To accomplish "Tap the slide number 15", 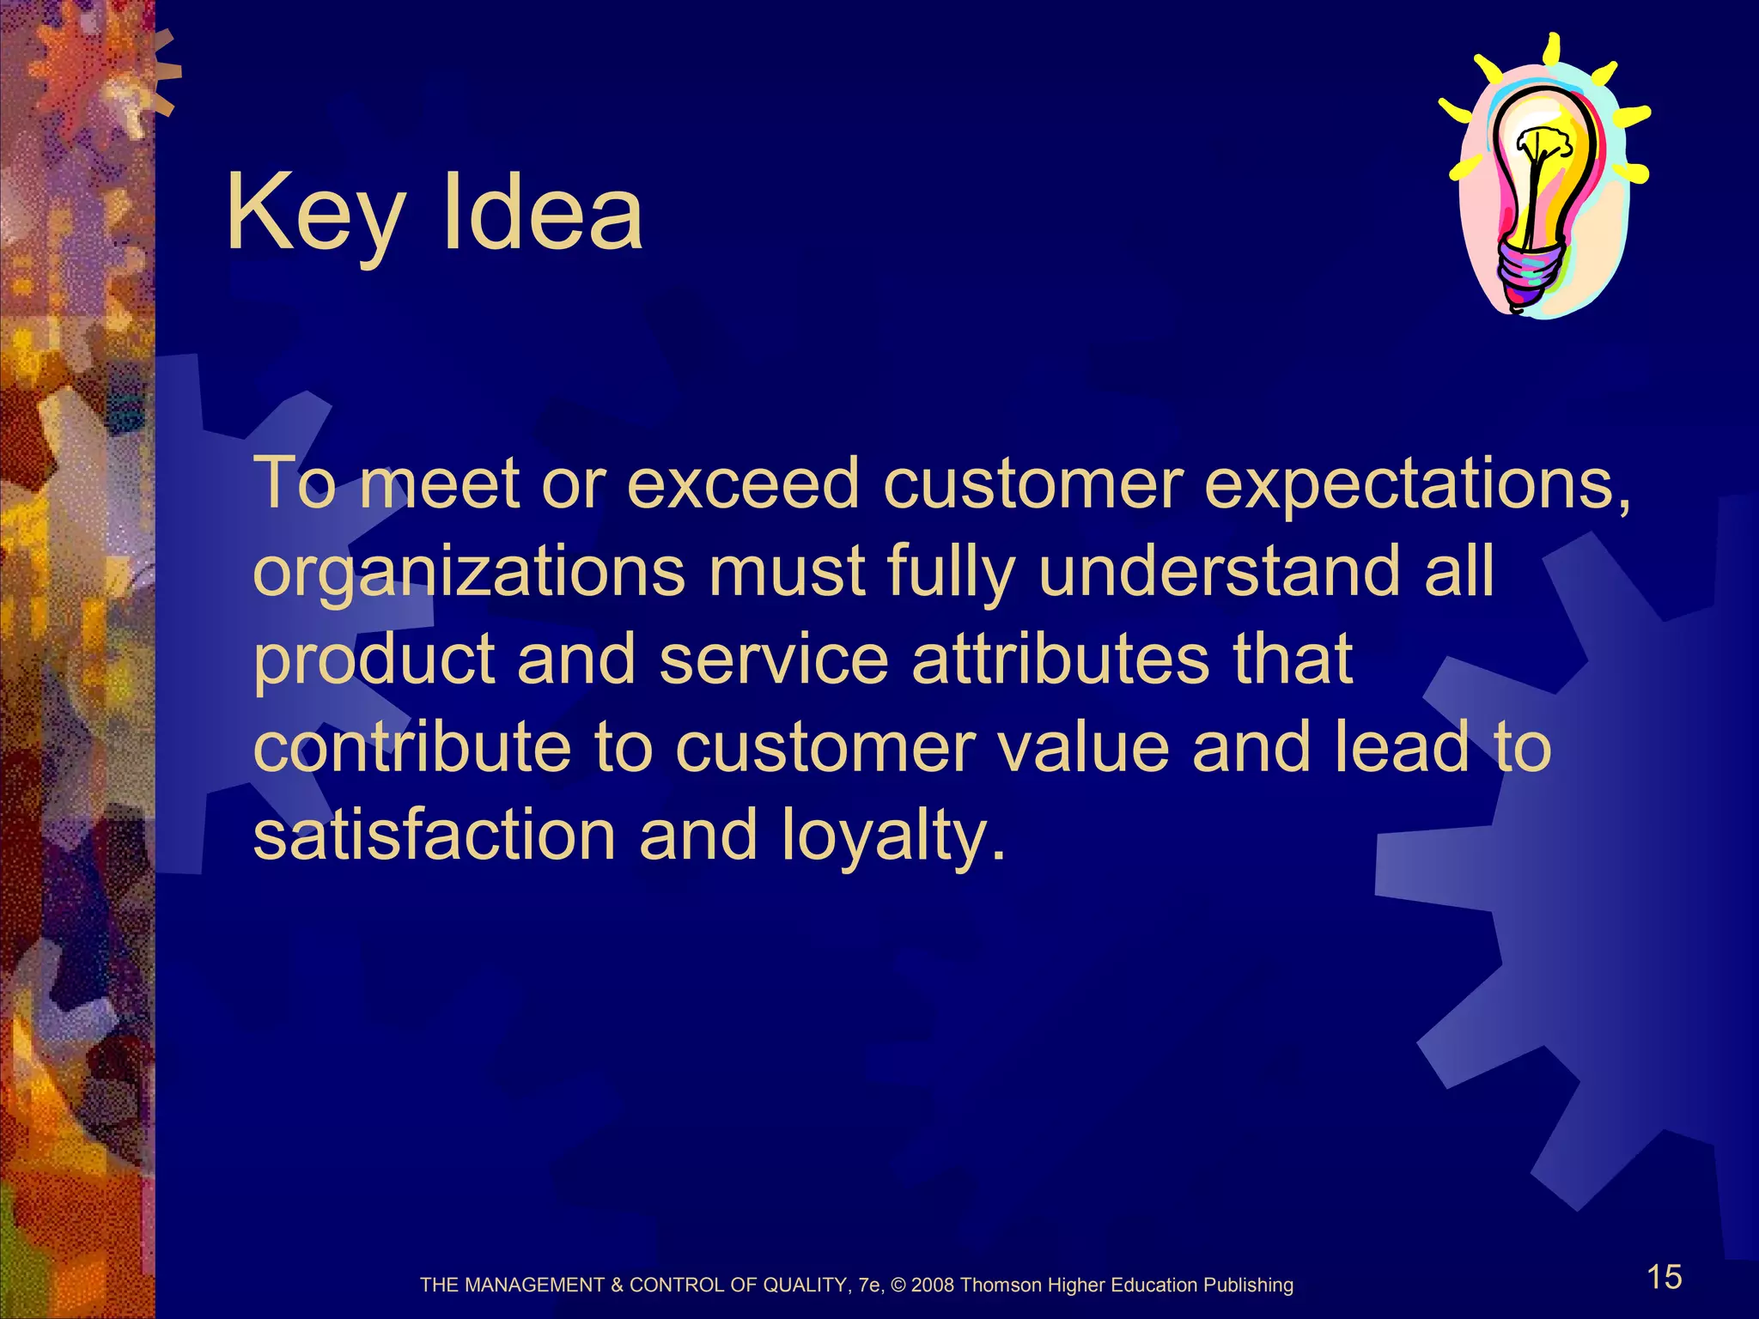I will [1664, 1277].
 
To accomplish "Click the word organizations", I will [469, 572].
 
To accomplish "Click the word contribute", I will [412, 747].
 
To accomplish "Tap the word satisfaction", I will [435, 835].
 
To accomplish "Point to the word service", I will [773, 659].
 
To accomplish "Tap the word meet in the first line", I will [439, 483].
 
